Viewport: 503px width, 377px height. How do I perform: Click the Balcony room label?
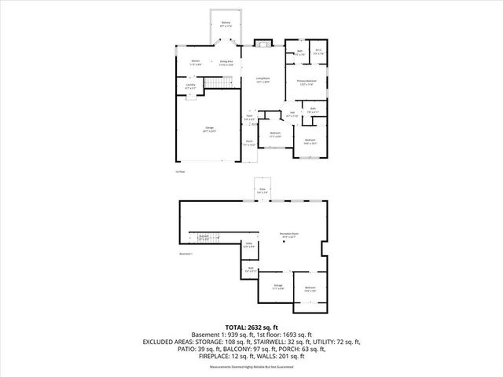point(226,24)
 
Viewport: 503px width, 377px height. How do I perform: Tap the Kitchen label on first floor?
point(196,62)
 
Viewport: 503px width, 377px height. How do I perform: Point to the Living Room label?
point(262,79)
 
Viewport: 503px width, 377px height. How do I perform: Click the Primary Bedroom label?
point(307,82)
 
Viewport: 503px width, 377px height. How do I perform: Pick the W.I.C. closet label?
point(318,53)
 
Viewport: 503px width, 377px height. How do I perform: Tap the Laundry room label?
point(190,86)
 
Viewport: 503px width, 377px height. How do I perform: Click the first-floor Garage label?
point(209,129)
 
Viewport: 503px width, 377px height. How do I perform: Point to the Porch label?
point(248,144)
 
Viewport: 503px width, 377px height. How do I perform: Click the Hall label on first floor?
point(292,115)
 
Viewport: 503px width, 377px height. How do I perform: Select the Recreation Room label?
point(289,236)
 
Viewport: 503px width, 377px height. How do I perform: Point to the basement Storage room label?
point(277,287)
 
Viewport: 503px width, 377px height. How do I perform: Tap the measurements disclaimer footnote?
point(251,367)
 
